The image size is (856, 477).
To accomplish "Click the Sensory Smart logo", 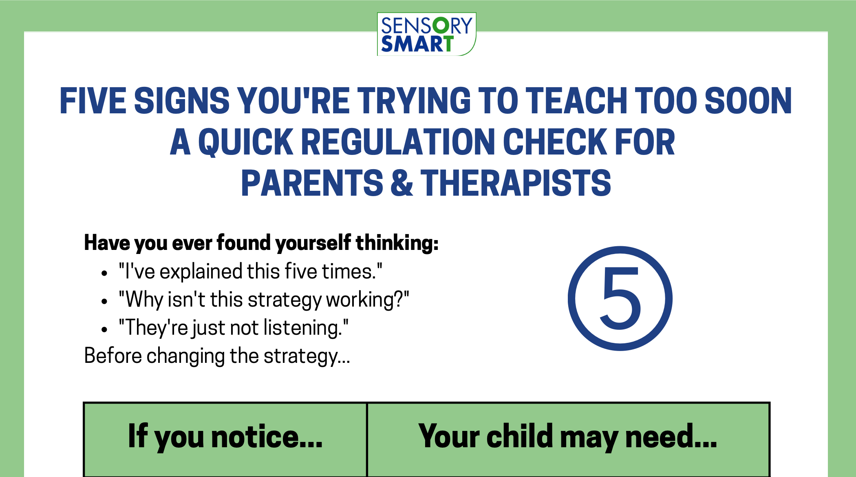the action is (426, 34).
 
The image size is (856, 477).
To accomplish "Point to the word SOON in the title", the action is (748, 101).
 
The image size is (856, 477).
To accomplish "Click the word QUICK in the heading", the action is (245, 142).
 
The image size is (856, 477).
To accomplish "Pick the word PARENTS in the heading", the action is (312, 183).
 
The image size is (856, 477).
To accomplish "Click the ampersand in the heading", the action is (402, 183).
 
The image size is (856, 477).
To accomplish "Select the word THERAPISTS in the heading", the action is (516, 183).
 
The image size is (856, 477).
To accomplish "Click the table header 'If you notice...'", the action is (225, 436).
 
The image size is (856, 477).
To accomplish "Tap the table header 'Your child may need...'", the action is (567, 436).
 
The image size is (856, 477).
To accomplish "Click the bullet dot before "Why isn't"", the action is (104, 302).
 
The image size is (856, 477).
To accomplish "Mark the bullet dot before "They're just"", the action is (104, 329).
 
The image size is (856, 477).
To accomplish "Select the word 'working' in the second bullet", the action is (360, 300).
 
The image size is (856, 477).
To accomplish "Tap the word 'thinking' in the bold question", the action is (397, 243).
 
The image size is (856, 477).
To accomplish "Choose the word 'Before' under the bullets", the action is (113, 356).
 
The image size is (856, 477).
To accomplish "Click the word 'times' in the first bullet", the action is (349, 272).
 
